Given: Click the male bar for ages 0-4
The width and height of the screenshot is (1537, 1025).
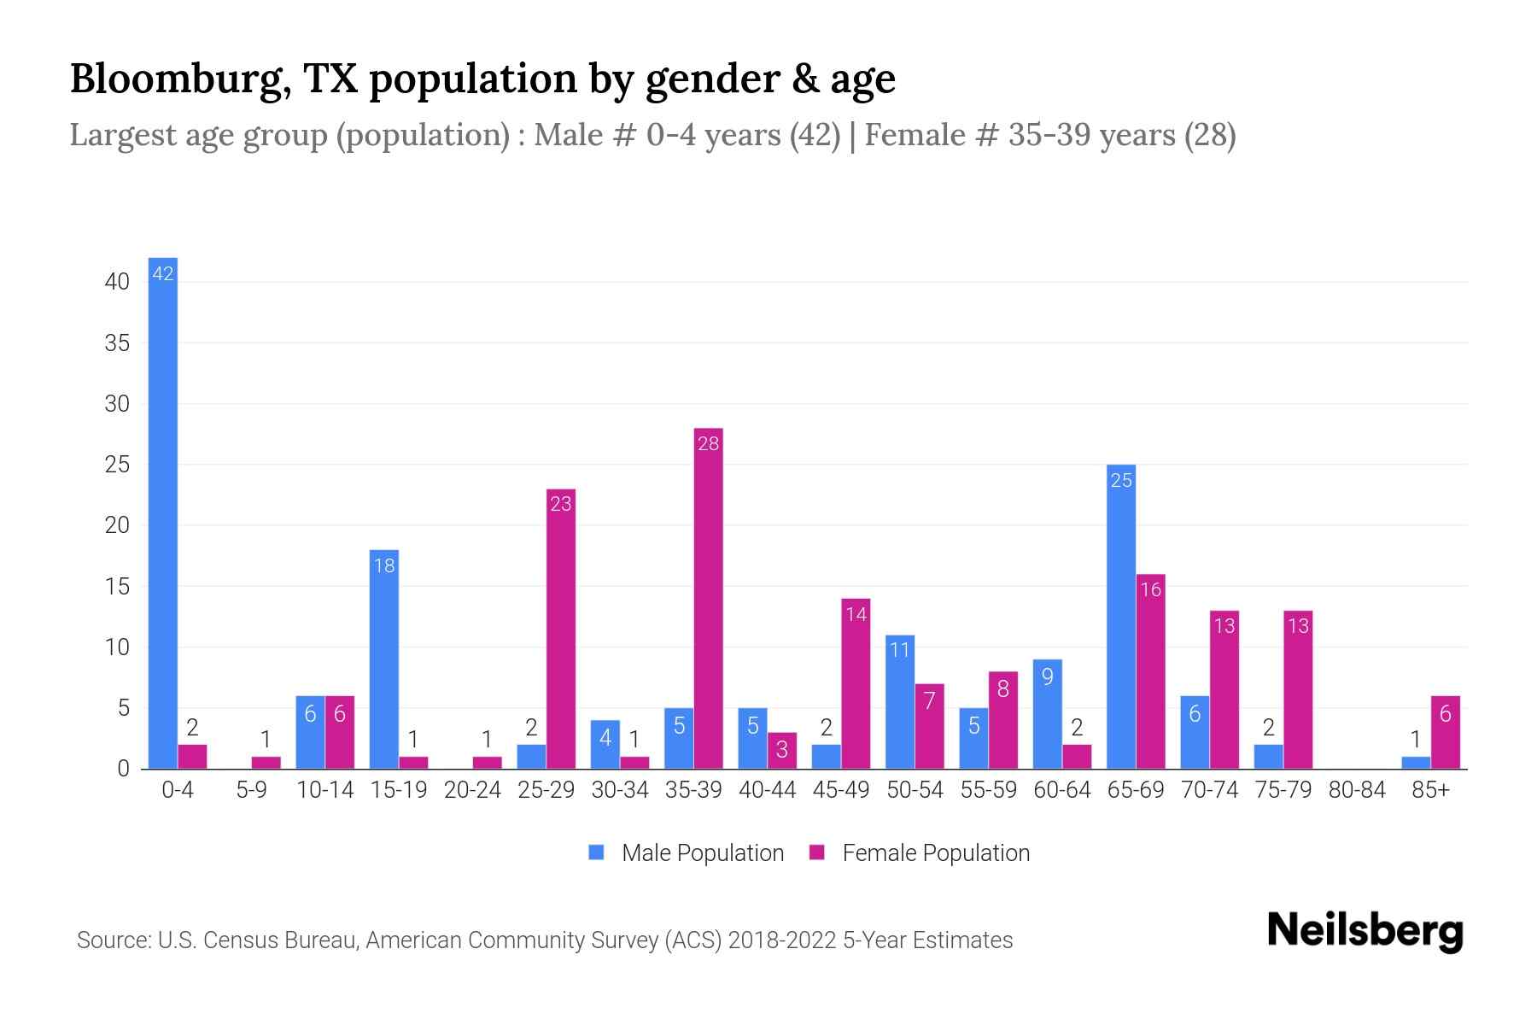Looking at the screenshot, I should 162,512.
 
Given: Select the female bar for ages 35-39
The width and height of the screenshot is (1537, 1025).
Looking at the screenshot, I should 709,598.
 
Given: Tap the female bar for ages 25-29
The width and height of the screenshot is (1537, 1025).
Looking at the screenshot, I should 561,629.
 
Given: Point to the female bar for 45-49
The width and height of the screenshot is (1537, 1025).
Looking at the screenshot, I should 856,683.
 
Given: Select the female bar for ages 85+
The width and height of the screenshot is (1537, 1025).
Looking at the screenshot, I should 1446,733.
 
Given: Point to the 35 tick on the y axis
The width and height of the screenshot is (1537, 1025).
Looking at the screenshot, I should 117,343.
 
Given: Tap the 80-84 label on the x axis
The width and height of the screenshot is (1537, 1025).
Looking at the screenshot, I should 1357,790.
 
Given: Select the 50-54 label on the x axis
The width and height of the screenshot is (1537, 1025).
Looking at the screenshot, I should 915,790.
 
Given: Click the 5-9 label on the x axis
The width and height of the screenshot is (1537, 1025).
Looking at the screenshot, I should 251,790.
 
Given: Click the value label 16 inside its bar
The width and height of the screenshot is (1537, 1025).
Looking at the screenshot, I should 1151,589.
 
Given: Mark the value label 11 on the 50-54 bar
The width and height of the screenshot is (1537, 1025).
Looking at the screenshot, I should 900,650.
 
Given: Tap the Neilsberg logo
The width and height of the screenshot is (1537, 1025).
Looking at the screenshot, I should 1365,930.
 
